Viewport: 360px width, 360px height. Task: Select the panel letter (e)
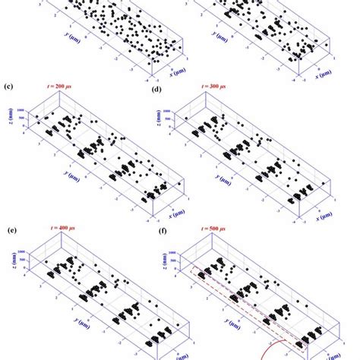pos(9,229)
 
